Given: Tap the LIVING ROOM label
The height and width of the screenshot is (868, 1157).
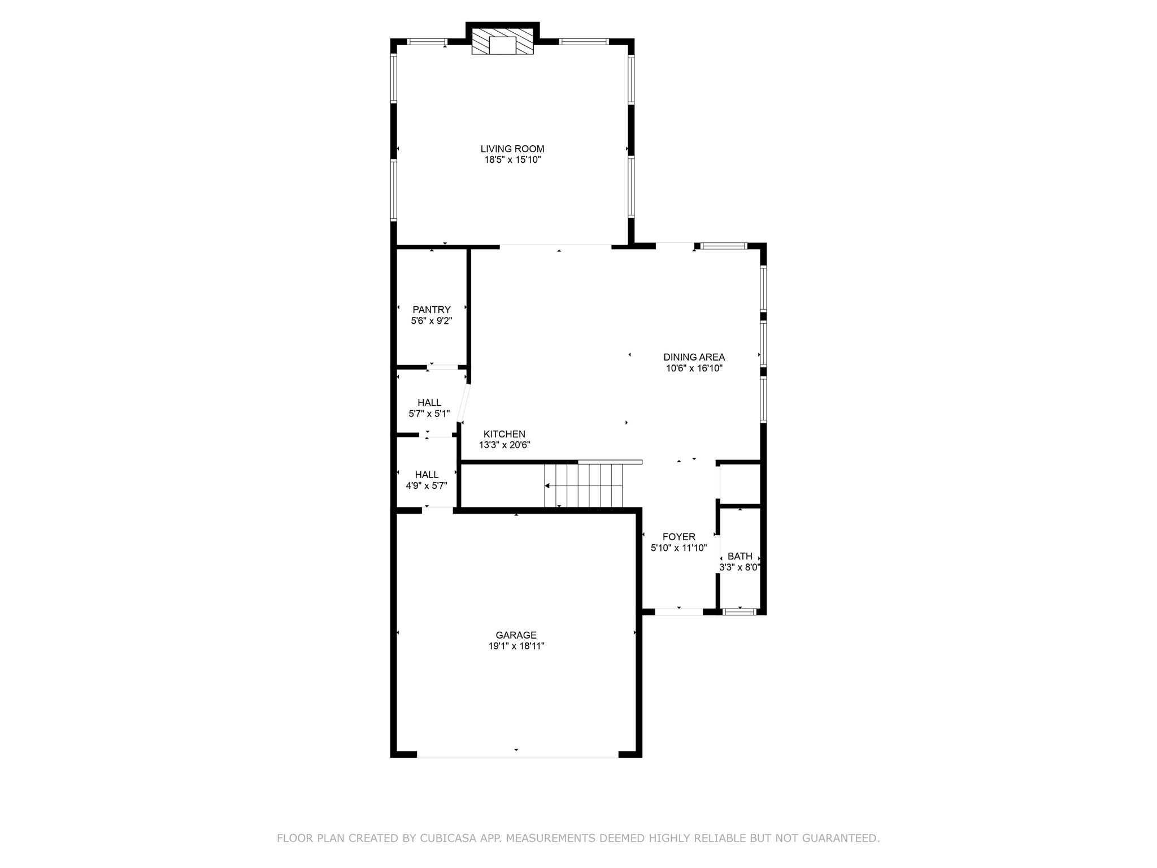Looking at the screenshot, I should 512,149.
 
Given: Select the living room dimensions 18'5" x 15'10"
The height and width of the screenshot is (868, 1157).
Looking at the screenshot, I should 512,160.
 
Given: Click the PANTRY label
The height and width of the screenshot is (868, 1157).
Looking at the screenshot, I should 432,310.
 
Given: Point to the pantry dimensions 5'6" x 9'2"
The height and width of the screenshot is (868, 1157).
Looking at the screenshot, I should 432,321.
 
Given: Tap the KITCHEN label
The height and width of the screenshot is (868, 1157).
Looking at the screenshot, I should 504,434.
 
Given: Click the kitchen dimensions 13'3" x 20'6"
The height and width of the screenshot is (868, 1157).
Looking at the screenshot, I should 504,445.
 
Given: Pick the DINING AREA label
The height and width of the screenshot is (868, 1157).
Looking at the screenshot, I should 694,357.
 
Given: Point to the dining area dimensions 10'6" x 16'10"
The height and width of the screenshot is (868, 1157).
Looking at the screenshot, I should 694,368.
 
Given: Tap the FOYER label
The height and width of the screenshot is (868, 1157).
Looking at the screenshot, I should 679,537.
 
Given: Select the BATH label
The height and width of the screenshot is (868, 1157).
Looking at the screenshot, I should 740,557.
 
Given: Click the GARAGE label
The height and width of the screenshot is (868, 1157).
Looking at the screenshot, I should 516,635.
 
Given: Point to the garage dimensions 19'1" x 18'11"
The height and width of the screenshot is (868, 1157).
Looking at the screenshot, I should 516,646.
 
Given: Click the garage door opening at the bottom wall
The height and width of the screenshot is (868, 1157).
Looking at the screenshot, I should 517,754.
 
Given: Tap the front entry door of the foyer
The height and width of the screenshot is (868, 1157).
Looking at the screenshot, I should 678,611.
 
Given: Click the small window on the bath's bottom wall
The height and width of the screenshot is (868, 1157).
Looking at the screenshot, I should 740,611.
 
